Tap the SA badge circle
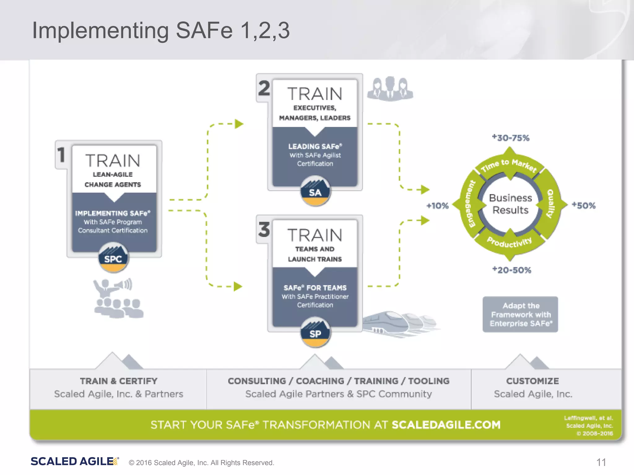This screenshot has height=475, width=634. tap(315, 191)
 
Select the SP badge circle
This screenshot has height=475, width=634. tap(315, 333)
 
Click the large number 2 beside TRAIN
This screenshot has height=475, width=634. tap(264, 88)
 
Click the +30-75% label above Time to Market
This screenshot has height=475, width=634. tap(511, 138)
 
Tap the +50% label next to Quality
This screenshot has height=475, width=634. tap(584, 205)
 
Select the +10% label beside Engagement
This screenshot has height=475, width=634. tap(437, 206)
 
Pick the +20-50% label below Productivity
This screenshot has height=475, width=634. tap(512, 270)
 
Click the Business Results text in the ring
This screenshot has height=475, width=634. tap(510, 204)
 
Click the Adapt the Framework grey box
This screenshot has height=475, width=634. tap(520, 315)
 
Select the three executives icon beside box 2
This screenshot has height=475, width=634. tap(390, 89)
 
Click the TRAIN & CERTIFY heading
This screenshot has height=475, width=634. tap(119, 381)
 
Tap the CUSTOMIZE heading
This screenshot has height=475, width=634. tap(532, 381)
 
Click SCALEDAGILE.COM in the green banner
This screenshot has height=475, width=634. tap(446, 425)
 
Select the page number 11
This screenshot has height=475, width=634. tap(601, 462)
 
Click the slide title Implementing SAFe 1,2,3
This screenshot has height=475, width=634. tap(161, 30)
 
